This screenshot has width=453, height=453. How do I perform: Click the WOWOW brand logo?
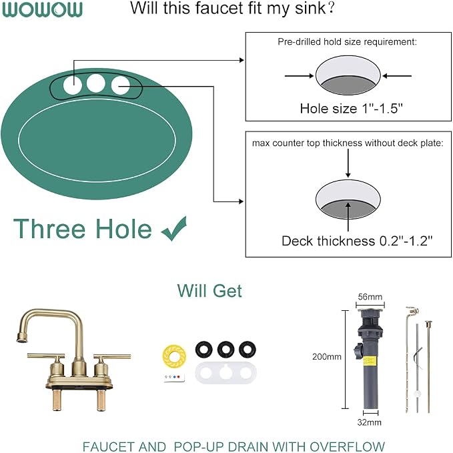42,9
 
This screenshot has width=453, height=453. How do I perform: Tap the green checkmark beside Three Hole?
174,229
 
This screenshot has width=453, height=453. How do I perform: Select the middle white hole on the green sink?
95,83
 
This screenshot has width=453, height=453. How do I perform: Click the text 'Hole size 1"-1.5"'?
351,109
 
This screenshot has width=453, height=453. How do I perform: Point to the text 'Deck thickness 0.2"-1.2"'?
357,241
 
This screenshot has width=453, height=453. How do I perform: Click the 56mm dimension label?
370,297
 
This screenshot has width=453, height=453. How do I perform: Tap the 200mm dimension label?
327,356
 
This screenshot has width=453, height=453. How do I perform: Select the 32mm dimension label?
369,422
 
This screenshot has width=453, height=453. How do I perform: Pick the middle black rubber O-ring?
225,349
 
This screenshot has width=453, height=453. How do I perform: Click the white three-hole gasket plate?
225,373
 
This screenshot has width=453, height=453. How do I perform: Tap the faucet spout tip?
21,338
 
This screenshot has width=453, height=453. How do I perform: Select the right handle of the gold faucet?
112,356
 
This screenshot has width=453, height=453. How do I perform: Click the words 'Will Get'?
209,291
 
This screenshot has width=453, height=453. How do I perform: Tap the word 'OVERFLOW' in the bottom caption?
343,446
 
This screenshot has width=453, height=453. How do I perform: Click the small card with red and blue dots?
174,378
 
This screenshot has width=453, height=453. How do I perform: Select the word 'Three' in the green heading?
49,229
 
